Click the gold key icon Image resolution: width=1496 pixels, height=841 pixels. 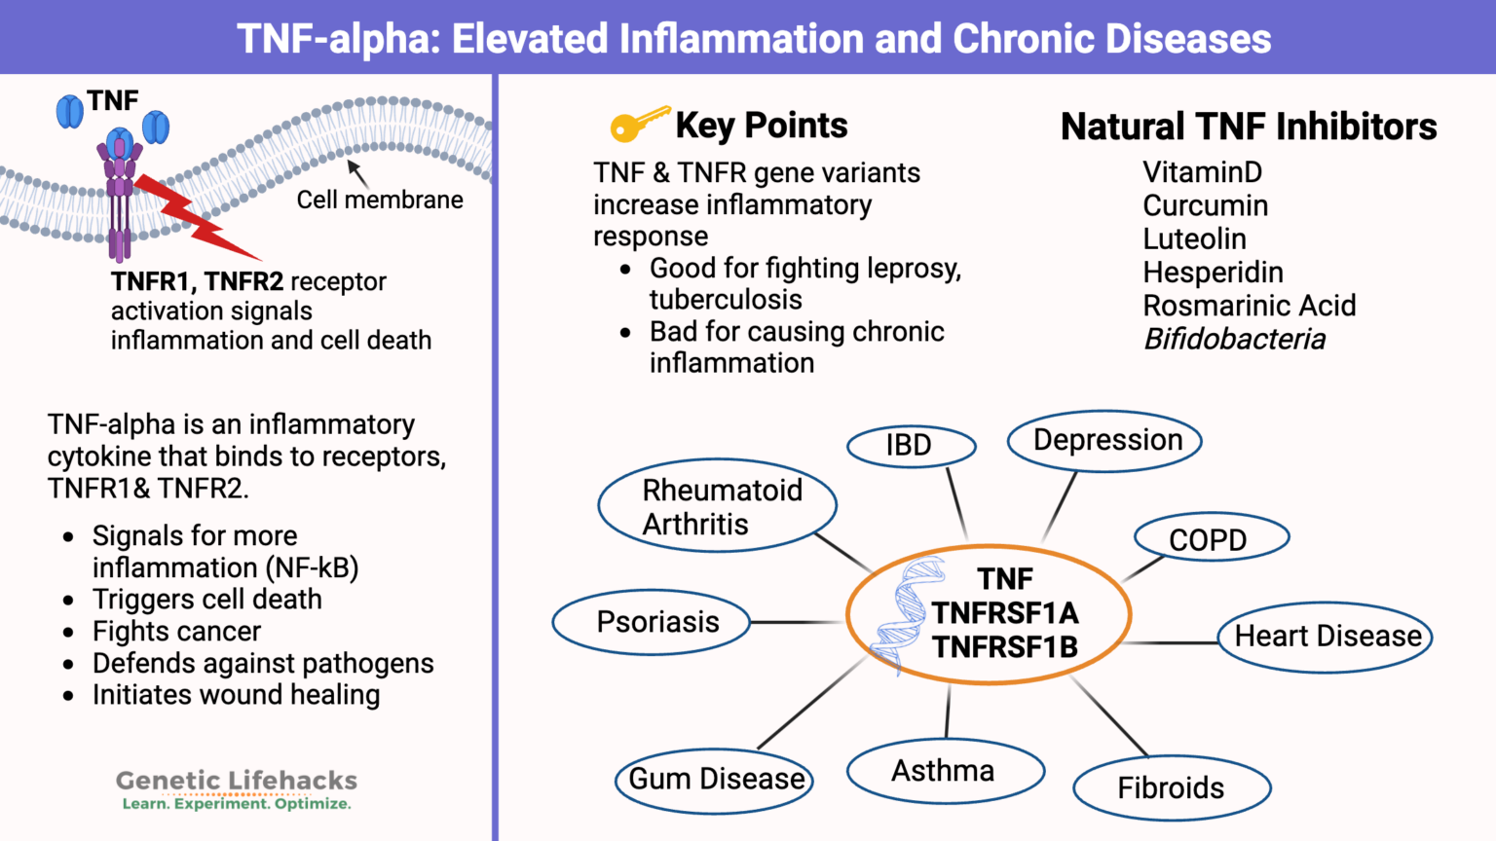[x=638, y=124]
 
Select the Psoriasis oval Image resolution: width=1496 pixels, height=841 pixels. [x=652, y=622]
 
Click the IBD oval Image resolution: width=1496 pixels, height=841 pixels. [x=911, y=446]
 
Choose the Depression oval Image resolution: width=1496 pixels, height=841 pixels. [x=1104, y=440]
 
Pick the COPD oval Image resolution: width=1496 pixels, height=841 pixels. [x=1211, y=538]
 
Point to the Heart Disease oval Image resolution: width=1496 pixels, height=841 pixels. [x=1326, y=637]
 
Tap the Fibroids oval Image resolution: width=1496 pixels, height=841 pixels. [x=1172, y=787]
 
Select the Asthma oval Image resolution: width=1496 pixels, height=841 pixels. [x=945, y=771]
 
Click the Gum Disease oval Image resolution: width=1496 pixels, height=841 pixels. [x=715, y=780]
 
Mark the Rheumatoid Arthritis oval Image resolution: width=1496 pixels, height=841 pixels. [x=718, y=506]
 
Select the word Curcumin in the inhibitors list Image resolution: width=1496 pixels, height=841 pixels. [x=1205, y=206]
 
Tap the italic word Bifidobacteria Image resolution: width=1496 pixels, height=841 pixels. [x=1234, y=340]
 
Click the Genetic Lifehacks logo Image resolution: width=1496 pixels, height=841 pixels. [x=237, y=789]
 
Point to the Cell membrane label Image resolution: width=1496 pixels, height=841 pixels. [x=380, y=200]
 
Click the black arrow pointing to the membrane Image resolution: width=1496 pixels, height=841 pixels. [x=357, y=173]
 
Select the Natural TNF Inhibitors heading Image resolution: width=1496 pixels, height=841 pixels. [x=1248, y=127]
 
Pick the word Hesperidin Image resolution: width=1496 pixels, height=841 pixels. [x=1213, y=273]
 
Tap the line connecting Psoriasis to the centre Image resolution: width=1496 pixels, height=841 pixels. [x=797, y=622]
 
